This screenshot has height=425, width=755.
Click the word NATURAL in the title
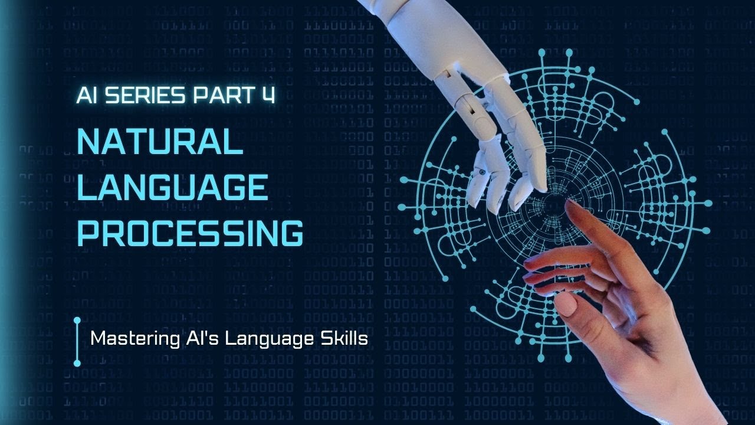tap(160, 142)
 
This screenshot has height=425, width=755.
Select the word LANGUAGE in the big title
tap(173, 188)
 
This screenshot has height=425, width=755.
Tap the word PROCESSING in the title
tap(190, 233)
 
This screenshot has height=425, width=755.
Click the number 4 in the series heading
tap(269, 95)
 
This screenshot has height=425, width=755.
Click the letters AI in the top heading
tap(86, 96)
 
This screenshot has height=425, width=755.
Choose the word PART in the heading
tap(221, 96)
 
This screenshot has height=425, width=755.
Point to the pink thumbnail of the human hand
tap(565, 304)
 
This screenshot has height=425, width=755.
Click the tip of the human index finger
tap(571, 204)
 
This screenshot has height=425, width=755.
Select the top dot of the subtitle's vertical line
tap(77, 321)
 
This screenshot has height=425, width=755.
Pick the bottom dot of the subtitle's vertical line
tap(77, 362)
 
